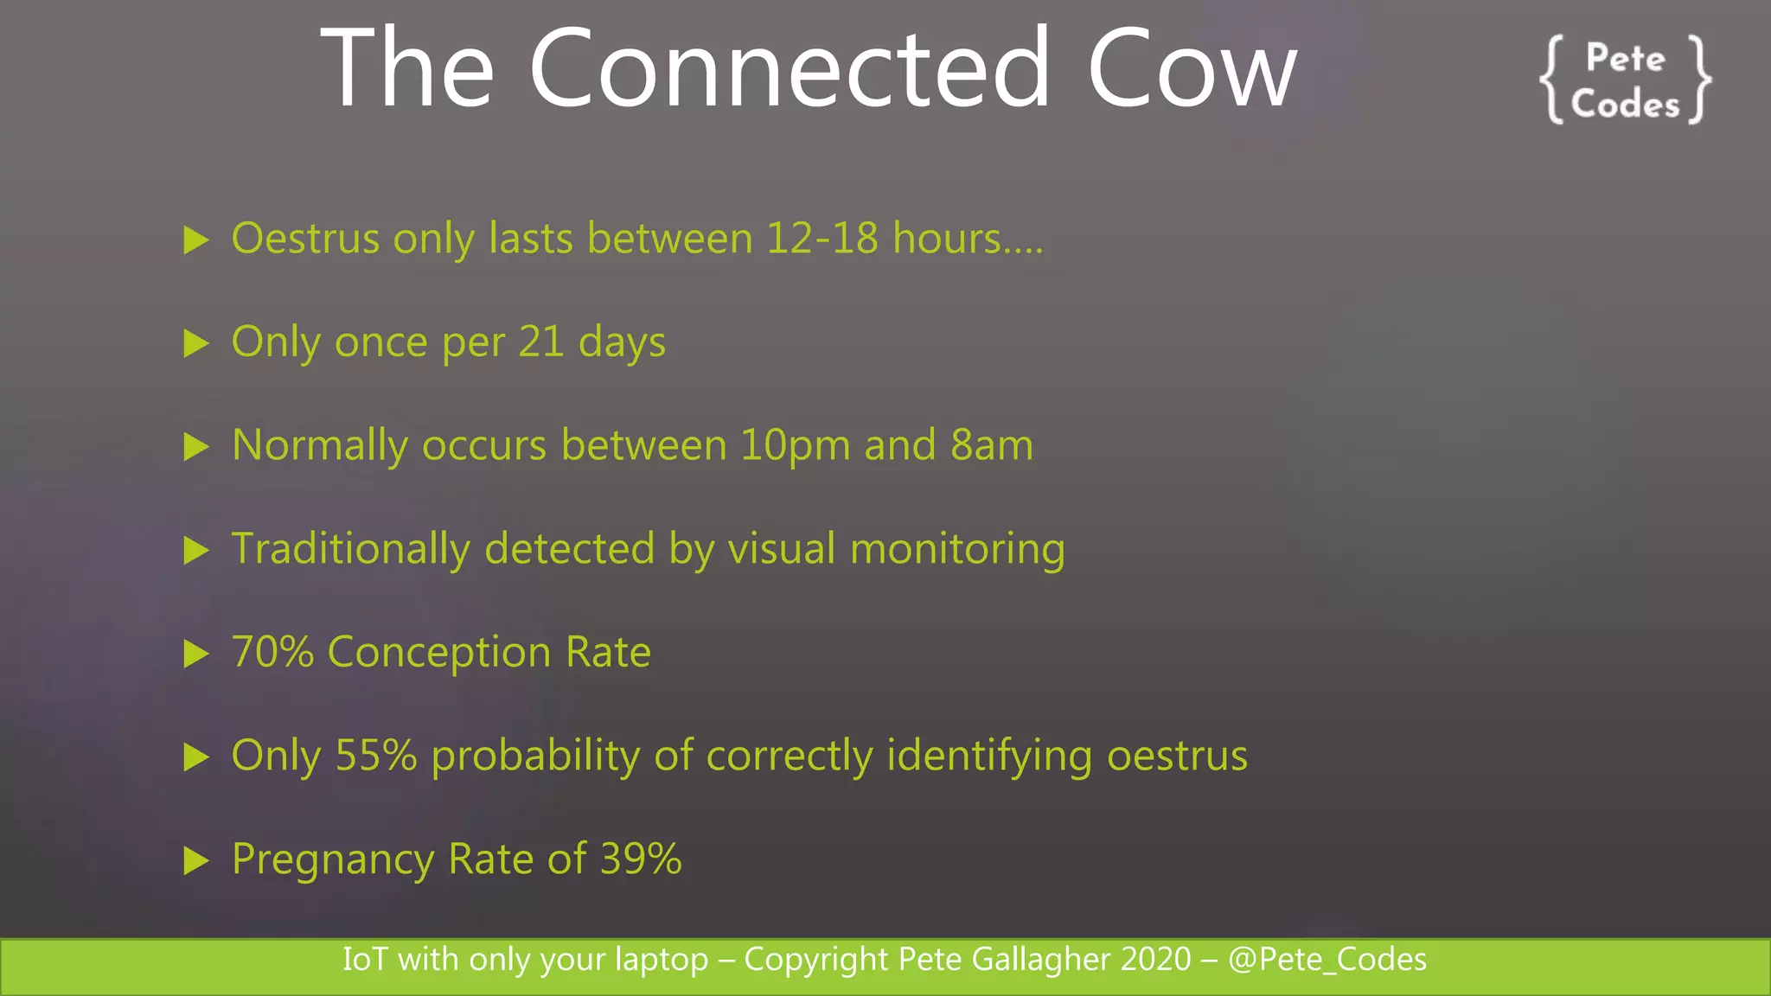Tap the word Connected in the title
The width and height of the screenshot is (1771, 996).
[789, 69]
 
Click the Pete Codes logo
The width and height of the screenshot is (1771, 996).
[1625, 80]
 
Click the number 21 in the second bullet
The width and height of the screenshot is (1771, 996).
[541, 342]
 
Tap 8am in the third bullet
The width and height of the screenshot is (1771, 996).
[991, 445]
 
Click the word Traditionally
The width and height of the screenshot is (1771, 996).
[350, 550]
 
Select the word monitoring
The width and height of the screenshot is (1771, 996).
[957, 550]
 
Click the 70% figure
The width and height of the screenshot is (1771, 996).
[272, 652]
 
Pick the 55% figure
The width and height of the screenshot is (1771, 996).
[376, 756]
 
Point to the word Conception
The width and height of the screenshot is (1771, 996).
[439, 653]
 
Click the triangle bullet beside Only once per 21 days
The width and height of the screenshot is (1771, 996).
[196, 343]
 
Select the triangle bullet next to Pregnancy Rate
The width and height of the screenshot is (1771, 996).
[196, 860]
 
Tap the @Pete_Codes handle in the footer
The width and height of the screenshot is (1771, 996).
[1327, 960]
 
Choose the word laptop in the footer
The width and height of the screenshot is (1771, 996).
[661, 960]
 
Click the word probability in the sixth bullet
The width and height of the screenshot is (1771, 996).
[535, 757]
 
